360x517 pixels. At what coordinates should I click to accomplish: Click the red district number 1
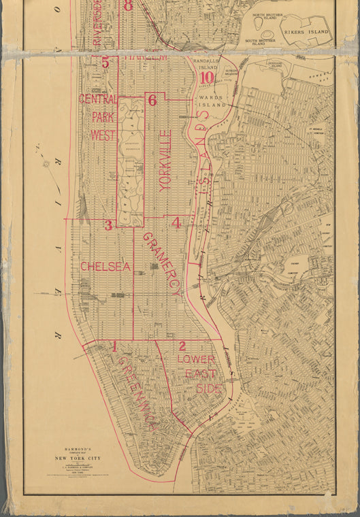click(x=115, y=346)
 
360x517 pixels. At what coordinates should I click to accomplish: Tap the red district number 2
click(x=182, y=346)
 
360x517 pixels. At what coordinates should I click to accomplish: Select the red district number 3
click(x=108, y=225)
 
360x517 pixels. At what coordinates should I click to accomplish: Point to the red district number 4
click(x=176, y=222)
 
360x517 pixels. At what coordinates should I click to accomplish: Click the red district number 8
click(x=129, y=6)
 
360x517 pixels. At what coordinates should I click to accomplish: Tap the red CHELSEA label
click(x=105, y=267)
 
